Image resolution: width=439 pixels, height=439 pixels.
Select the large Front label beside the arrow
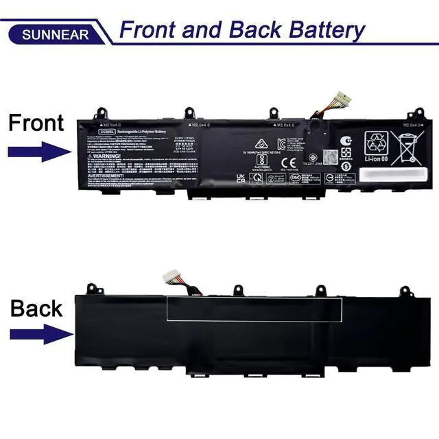point(36,123)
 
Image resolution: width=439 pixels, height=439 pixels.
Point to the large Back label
point(36,309)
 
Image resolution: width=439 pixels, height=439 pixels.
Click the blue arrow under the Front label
point(38,152)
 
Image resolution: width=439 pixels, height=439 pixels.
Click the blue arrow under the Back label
point(38,335)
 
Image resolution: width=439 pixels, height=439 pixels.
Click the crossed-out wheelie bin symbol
point(405,147)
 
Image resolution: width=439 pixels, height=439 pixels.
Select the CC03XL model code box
point(106,131)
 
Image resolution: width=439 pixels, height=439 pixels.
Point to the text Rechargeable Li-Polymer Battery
point(142,131)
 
